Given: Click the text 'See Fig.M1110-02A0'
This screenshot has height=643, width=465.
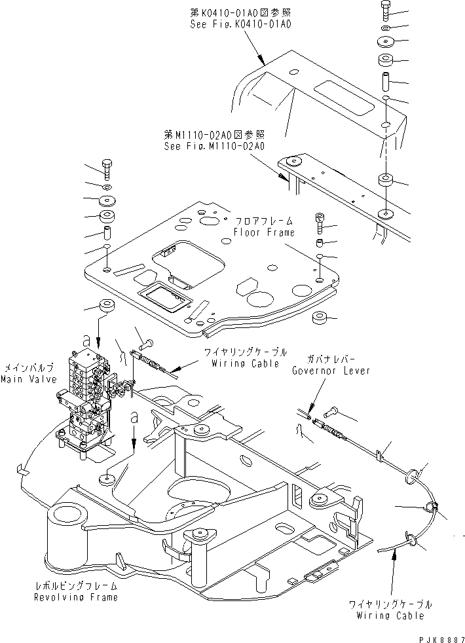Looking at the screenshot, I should tap(214, 147).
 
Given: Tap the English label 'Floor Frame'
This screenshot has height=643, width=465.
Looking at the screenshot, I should tap(264, 232).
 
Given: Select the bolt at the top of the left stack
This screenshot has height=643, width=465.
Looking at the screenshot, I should tap(107, 168).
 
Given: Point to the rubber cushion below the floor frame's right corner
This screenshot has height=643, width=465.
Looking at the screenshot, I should tap(320, 319).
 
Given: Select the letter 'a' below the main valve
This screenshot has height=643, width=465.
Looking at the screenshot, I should tap(134, 416).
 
